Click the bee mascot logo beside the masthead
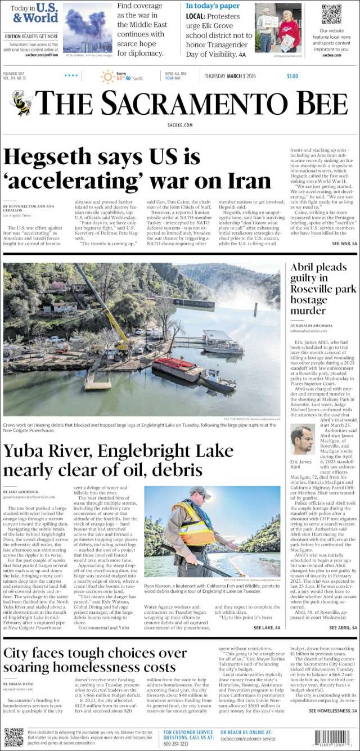21,103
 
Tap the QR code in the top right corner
331,14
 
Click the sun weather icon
107,77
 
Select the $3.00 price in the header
292,77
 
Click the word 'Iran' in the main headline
244,181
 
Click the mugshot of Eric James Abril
302,439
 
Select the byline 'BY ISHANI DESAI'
19,684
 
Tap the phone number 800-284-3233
176,744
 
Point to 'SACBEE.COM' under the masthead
180,125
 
